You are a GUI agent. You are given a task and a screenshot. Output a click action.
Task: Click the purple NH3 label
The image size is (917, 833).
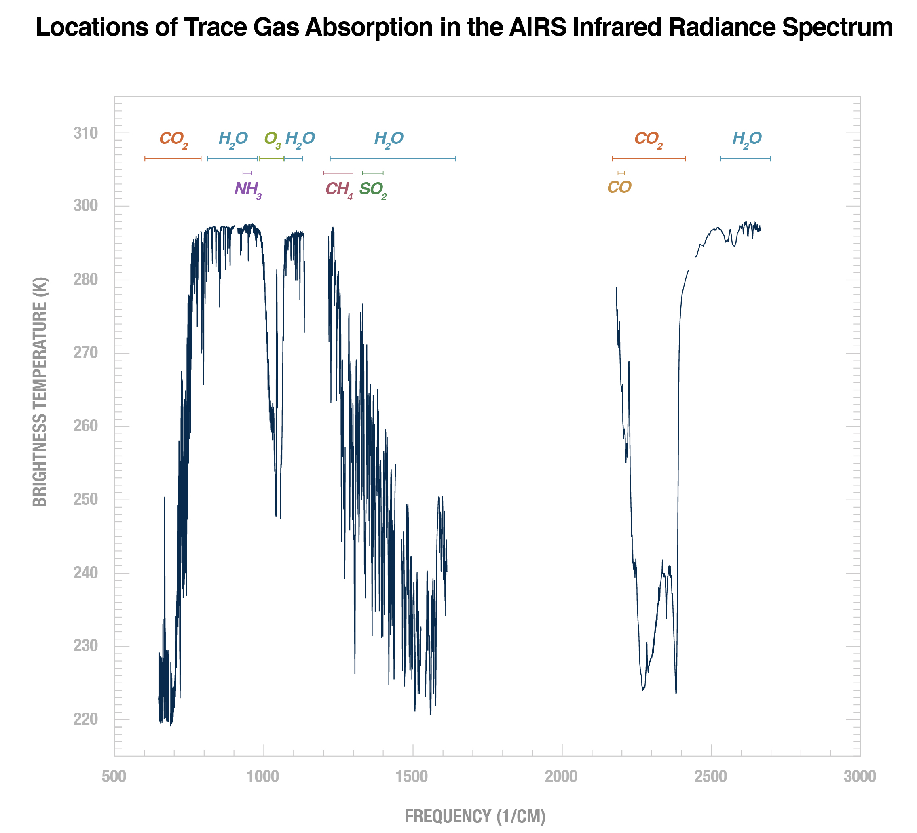(248, 189)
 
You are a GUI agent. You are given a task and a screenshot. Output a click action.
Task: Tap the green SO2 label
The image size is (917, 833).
(372, 189)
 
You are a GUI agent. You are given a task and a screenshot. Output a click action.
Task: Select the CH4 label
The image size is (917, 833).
(339, 189)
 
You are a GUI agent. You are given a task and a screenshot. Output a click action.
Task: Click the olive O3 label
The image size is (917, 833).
(273, 139)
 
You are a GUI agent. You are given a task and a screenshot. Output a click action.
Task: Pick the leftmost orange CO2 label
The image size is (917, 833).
(173, 139)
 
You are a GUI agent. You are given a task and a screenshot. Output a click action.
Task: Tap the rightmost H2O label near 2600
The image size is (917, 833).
(747, 139)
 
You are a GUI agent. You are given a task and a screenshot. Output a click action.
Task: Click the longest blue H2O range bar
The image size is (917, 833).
(393, 159)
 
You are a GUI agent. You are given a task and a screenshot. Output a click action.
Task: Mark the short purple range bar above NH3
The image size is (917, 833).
(247, 173)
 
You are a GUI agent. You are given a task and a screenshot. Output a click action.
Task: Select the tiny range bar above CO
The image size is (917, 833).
(621, 173)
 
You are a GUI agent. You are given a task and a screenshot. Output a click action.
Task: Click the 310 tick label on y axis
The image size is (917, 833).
(86, 133)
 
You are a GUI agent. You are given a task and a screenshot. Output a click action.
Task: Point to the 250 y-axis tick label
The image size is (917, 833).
(86, 500)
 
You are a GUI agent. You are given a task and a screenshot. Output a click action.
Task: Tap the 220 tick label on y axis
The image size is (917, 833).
(86, 719)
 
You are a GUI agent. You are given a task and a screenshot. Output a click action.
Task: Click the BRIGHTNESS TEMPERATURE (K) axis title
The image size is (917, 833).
(40, 392)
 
